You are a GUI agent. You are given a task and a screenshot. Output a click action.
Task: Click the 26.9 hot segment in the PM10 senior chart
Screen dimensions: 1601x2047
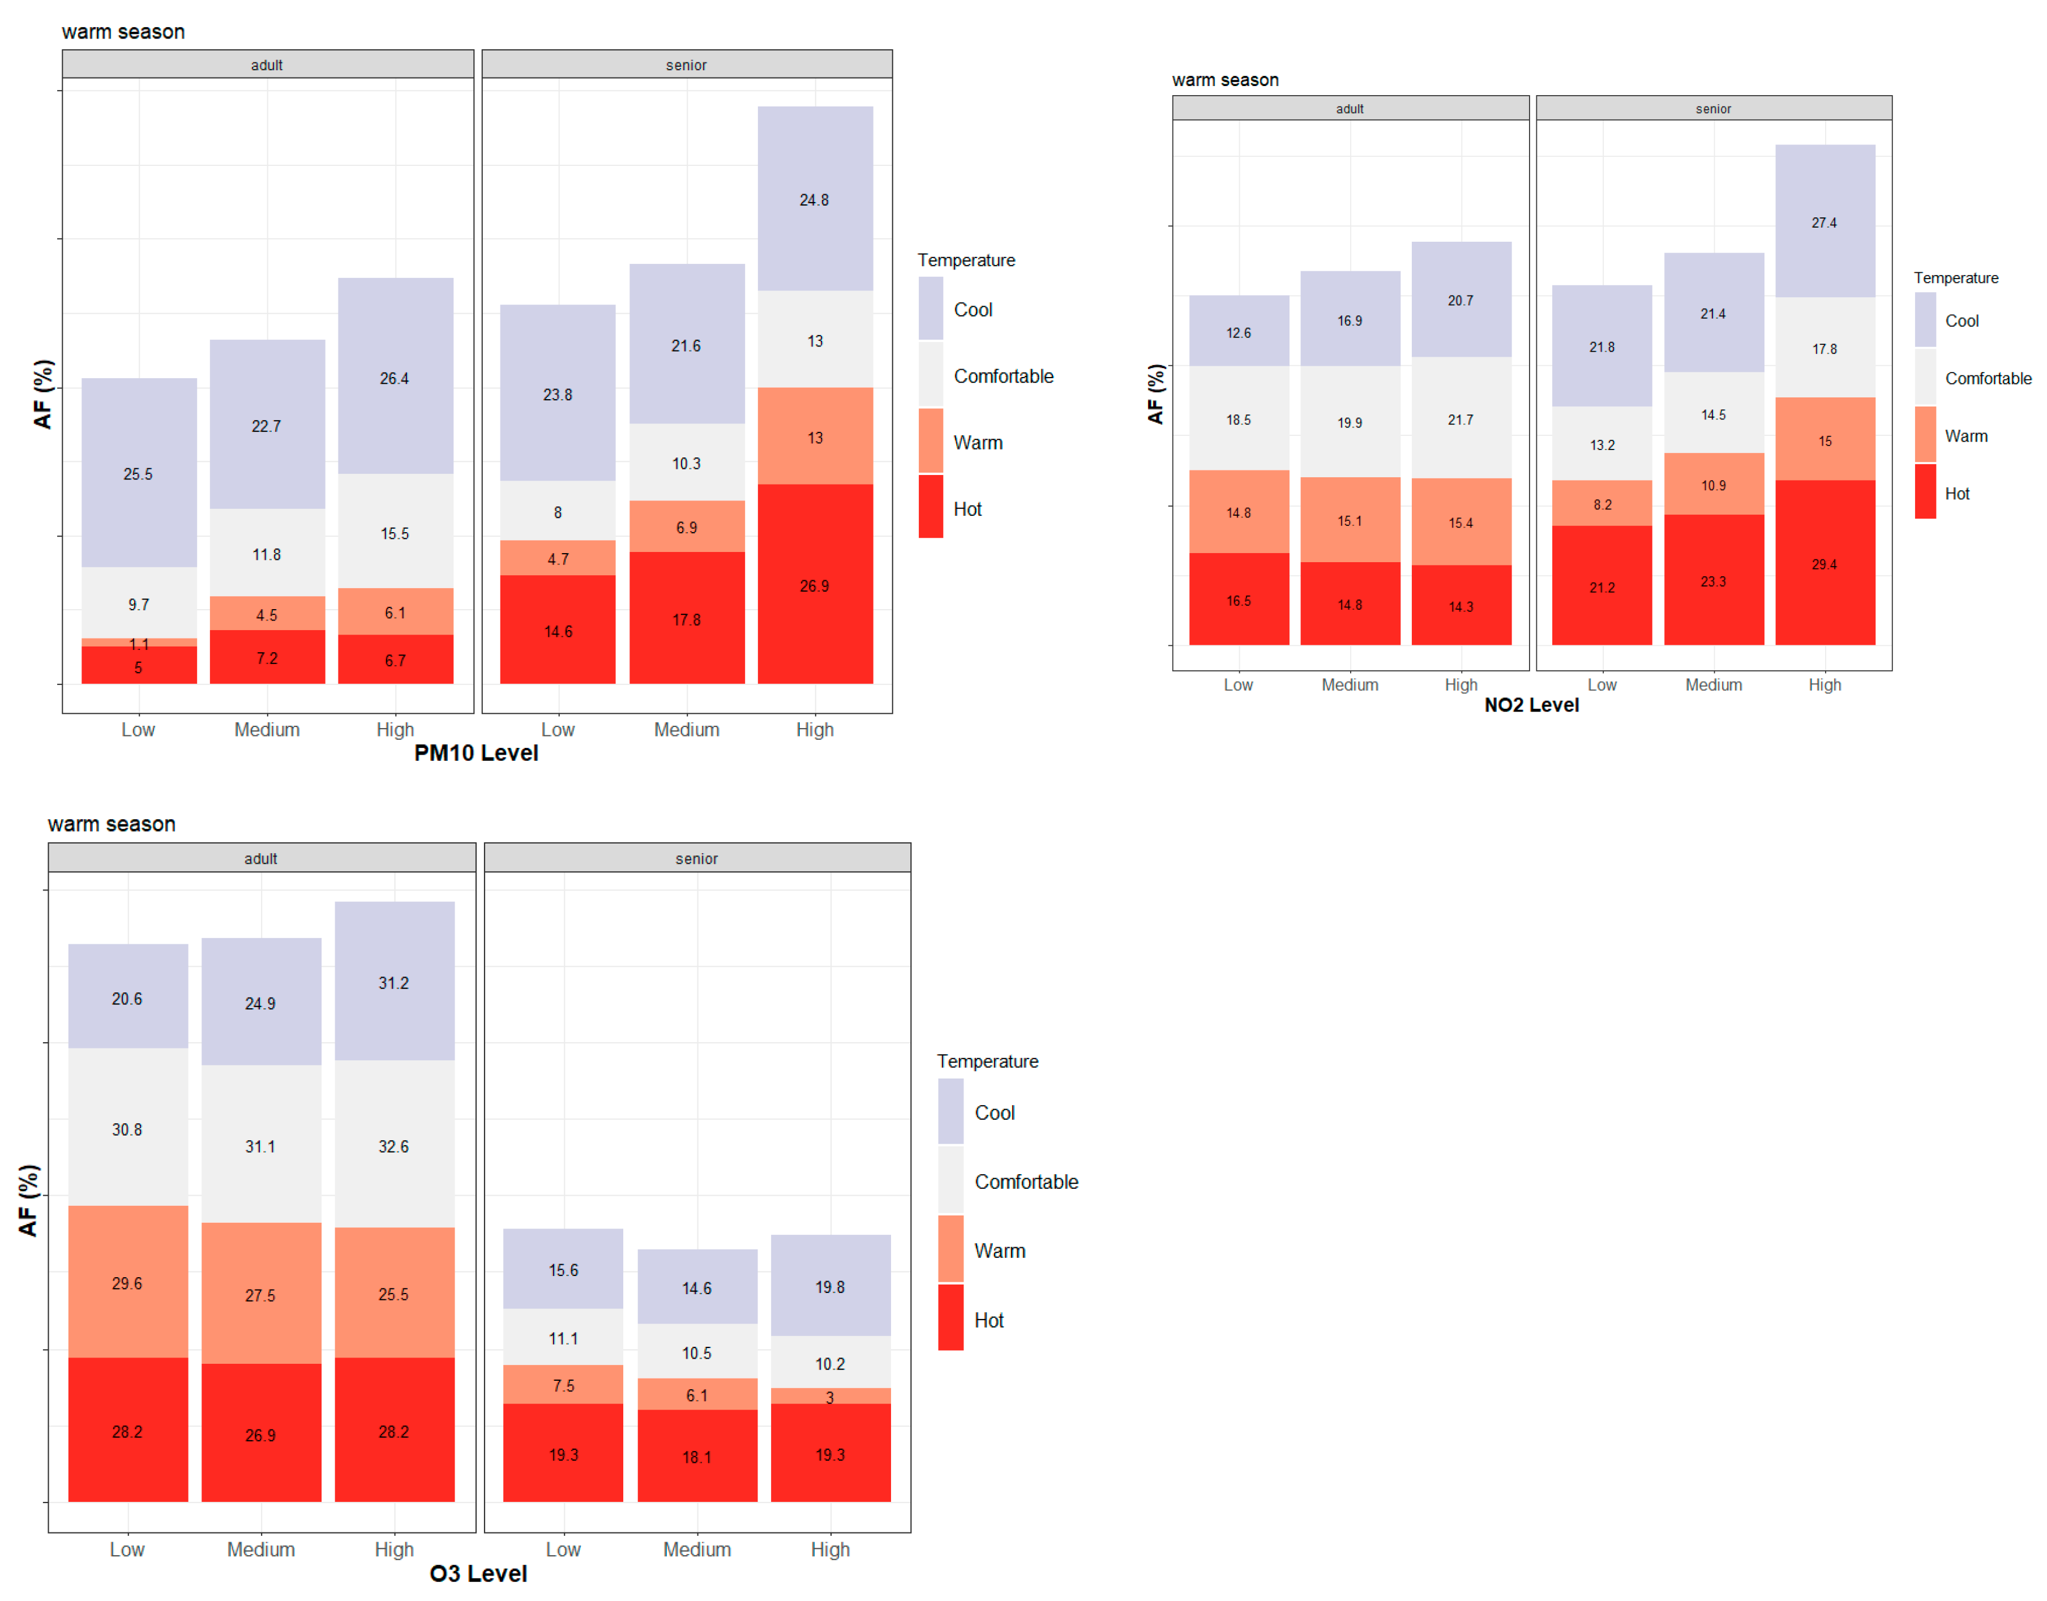(x=815, y=585)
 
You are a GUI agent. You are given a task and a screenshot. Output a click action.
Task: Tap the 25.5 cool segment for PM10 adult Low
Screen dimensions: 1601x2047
(x=139, y=473)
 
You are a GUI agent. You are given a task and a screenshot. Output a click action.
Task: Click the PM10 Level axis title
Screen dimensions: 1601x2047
(x=476, y=753)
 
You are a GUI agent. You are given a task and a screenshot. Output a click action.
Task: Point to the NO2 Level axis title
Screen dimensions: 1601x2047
(x=1531, y=705)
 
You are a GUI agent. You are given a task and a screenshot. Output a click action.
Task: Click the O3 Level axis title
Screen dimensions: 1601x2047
(x=478, y=1574)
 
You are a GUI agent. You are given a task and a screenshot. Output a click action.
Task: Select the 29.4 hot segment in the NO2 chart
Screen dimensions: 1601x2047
(x=1824, y=563)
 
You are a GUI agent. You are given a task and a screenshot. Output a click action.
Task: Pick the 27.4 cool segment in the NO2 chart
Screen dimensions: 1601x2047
(x=1824, y=222)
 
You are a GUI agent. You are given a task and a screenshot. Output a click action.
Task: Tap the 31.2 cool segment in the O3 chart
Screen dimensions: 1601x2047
(x=393, y=982)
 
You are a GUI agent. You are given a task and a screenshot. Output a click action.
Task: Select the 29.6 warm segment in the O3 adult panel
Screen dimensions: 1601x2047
(x=127, y=1282)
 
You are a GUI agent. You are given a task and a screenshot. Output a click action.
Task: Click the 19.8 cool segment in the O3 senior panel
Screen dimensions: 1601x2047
(x=829, y=1286)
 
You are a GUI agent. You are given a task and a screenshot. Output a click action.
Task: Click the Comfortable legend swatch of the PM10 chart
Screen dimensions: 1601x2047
(x=931, y=375)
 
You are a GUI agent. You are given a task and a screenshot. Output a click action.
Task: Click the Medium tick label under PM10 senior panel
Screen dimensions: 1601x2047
(x=686, y=729)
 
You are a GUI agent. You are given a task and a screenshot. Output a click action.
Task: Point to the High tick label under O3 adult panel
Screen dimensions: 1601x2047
(x=393, y=1549)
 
